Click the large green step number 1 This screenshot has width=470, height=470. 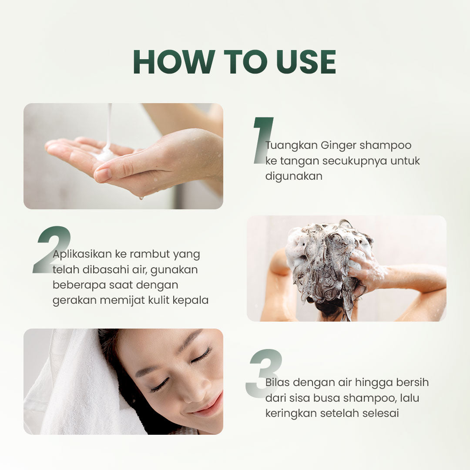pos(262,140)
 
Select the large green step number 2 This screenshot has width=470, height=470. pos(51,249)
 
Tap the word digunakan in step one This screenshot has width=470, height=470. pos(294,176)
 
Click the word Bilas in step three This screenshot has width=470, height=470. pos(277,382)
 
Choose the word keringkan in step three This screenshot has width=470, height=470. pos(291,413)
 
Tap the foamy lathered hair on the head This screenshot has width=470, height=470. pos(329,257)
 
